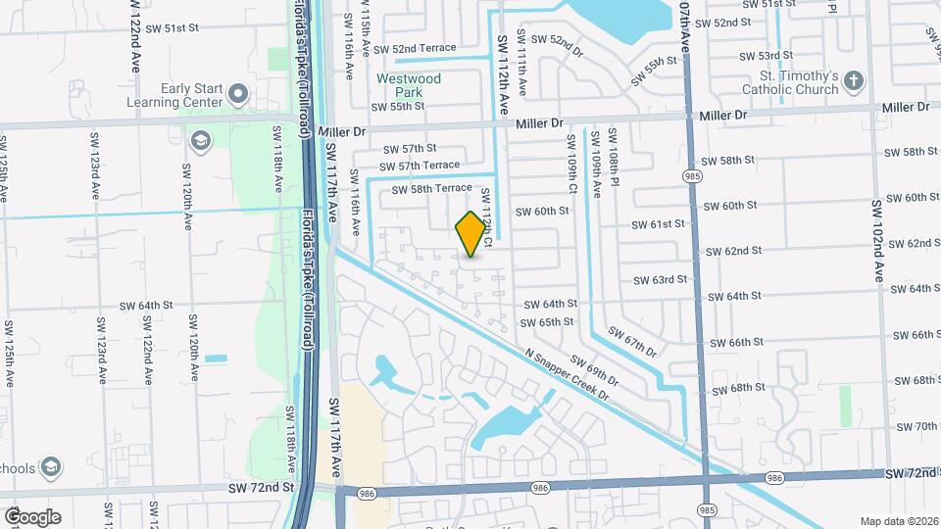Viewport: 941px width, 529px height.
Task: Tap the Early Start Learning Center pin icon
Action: coord(237,95)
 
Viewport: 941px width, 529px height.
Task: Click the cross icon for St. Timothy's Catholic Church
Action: coord(854,81)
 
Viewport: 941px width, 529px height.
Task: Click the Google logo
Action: coord(32,516)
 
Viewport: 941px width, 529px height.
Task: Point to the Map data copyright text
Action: coord(899,520)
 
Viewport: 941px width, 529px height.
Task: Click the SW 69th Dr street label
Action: coord(595,371)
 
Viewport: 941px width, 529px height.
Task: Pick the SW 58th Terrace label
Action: coord(431,189)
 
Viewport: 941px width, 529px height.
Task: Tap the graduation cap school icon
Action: coord(202,142)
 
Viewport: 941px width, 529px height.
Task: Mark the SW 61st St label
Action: coord(654,224)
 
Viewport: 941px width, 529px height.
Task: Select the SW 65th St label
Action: coord(547,321)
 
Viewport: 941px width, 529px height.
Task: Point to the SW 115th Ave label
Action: coord(365,32)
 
